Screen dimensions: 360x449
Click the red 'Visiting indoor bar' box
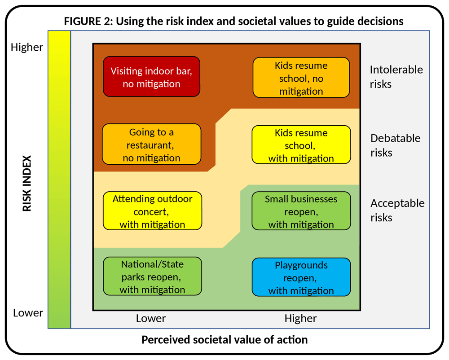click(x=151, y=77)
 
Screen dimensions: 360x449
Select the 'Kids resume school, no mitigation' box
click(x=301, y=78)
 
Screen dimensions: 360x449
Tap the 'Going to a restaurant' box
click(x=151, y=145)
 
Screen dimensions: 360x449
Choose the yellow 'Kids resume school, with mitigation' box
click(x=301, y=145)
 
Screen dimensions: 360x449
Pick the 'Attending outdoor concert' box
click(x=152, y=211)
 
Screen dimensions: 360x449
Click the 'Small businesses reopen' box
click(x=301, y=211)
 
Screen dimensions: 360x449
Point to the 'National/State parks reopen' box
click(x=152, y=277)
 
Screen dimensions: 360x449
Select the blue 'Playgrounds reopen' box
click(x=301, y=277)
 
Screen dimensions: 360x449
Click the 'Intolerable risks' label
click(x=396, y=77)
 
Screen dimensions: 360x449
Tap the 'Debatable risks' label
click(x=395, y=145)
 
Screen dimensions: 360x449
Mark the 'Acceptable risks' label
click(x=397, y=210)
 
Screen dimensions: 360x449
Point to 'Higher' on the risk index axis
click(x=27, y=47)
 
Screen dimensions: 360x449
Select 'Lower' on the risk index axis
click(x=28, y=312)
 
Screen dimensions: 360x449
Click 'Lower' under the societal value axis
click(x=151, y=319)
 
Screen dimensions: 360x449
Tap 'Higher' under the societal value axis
click(x=300, y=319)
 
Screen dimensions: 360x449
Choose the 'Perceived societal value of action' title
click(x=224, y=340)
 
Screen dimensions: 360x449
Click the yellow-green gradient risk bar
click(x=59, y=180)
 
